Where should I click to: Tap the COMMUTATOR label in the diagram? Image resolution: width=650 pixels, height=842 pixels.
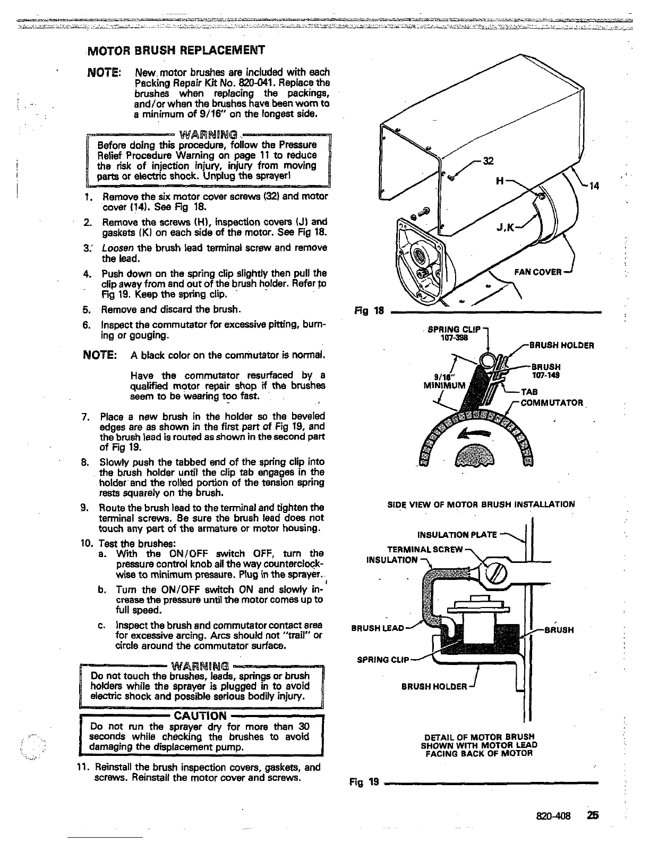pos(552,402)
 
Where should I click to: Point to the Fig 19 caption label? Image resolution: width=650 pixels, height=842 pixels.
pos(364,782)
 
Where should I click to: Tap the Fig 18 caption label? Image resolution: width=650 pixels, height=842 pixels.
pos(367,311)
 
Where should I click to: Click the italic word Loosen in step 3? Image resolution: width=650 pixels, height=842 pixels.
pos(115,248)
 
